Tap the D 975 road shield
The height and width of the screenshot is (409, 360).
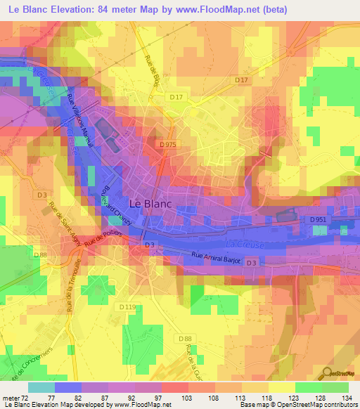pos(168,144)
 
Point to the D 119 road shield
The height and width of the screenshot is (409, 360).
pos(127,307)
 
